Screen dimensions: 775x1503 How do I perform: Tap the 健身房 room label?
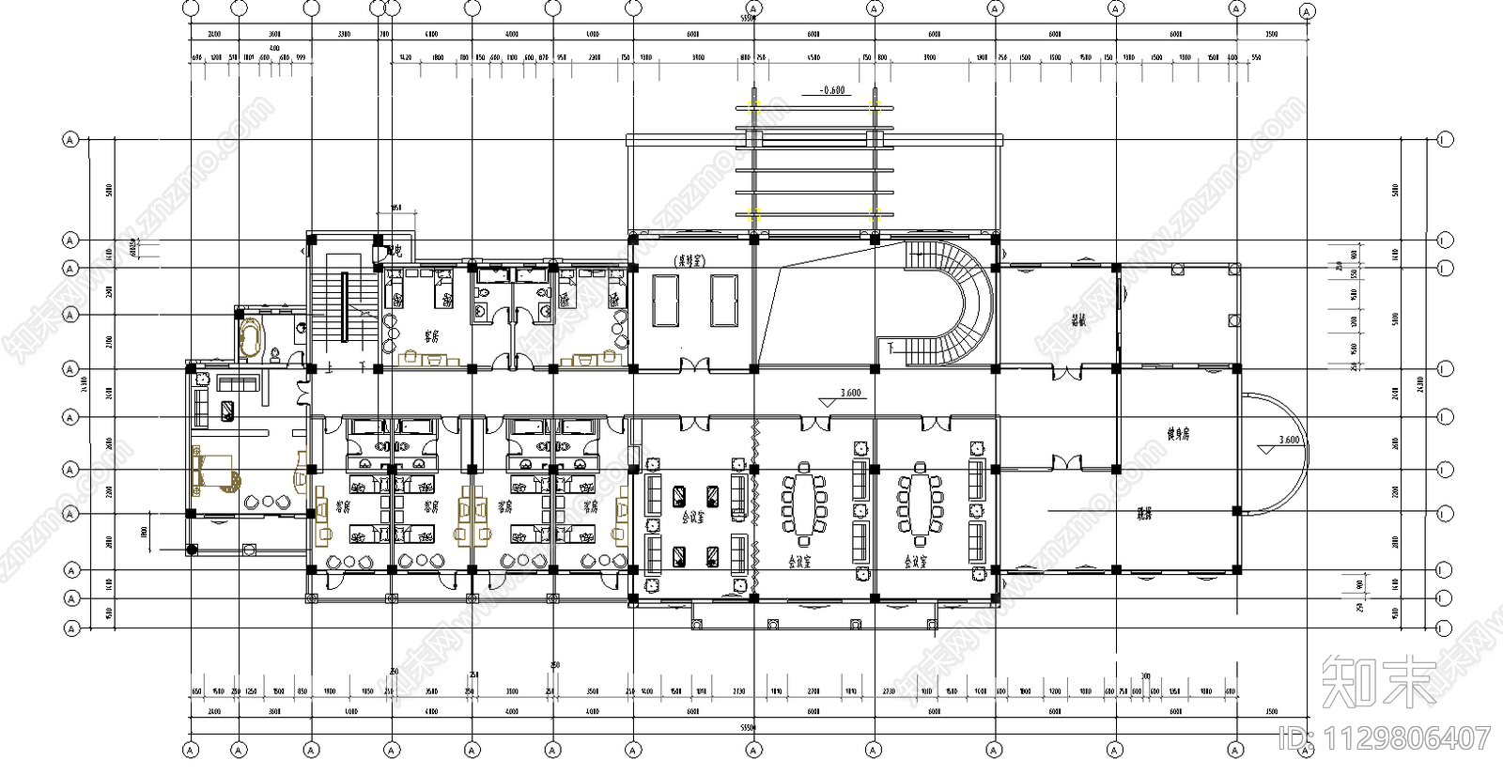(1179, 434)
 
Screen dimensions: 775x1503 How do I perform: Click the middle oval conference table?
(803, 504)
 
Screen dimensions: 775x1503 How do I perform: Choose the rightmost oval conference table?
(921, 504)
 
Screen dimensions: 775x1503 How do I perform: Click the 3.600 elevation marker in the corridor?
(848, 394)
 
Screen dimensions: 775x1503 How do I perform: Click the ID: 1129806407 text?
(1386, 739)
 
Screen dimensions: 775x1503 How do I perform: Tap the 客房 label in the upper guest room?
(432, 335)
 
